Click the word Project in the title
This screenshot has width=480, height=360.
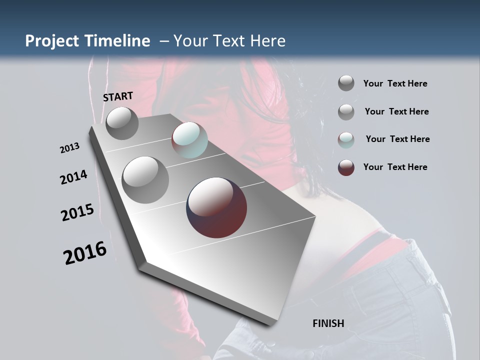(52, 41)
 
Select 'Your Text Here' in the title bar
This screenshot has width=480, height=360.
(229, 41)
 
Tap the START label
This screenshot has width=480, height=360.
(118, 96)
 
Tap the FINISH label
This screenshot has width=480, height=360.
(328, 323)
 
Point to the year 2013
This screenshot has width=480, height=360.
(70, 148)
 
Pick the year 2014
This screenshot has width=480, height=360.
(74, 177)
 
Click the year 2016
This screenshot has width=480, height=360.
(85, 253)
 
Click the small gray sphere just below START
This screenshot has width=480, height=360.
(122, 123)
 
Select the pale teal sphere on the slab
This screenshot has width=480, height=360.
(189, 140)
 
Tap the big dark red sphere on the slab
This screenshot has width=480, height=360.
(216, 207)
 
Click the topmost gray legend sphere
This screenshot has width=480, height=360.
(346, 83)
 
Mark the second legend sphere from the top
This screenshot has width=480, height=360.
(346, 112)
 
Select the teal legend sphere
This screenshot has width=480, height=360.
(346, 139)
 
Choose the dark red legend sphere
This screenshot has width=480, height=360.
(346, 167)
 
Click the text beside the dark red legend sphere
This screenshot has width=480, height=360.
(395, 167)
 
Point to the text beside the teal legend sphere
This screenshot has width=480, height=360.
(397, 139)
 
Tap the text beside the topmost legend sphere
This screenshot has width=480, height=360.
(395, 83)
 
